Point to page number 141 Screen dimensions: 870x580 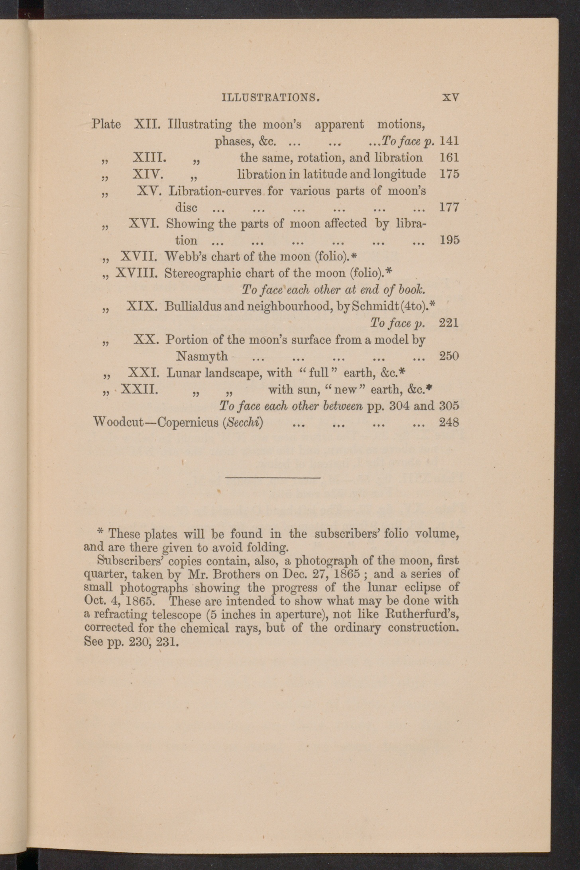449,141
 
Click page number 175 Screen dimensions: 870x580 449,174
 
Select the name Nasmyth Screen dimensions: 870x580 202,355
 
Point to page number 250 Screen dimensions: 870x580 449,355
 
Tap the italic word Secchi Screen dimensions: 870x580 242,422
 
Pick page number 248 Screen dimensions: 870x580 449,422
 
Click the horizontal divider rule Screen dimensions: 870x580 273,477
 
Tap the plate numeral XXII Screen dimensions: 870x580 139,389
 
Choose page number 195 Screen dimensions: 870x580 449,240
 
